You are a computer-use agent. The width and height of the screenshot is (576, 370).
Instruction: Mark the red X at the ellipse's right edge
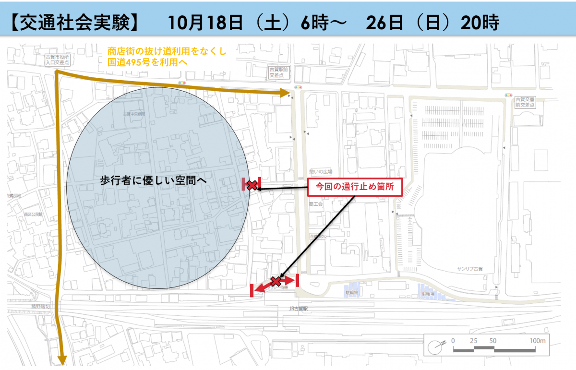pos(252,185)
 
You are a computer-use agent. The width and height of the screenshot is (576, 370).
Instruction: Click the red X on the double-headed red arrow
pos(275,281)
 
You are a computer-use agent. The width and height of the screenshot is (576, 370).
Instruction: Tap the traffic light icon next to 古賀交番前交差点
pos(508,95)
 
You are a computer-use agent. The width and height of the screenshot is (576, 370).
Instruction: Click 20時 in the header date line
pos(480,22)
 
